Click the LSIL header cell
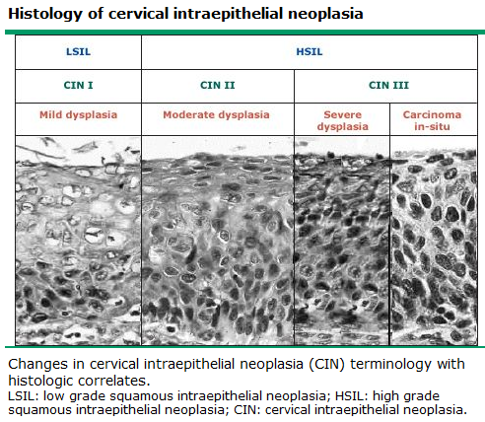point(78,52)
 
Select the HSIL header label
point(310,52)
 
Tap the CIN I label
point(78,85)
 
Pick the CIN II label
point(218,85)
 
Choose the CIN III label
point(388,85)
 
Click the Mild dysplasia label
point(78,115)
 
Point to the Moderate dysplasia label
point(216,115)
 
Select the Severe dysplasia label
point(342,120)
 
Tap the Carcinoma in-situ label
point(432,120)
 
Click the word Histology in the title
point(45,14)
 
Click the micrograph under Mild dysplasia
point(78,241)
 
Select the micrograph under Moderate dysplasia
point(218,241)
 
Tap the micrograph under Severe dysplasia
point(342,241)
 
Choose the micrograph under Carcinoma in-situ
point(434,241)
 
